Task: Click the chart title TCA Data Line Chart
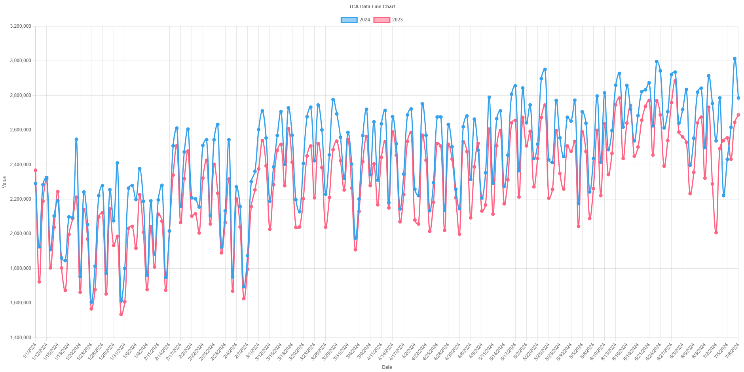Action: click(x=372, y=6)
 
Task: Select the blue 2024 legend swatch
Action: click(x=349, y=20)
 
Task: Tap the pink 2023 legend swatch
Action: click(x=381, y=20)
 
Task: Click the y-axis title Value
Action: click(x=4, y=182)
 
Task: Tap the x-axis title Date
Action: click(x=387, y=367)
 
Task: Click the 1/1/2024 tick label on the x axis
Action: click(x=30, y=350)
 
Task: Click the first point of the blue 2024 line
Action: click(x=36, y=184)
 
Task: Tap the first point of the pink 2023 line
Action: click(x=36, y=170)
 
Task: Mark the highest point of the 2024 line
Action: click(x=735, y=59)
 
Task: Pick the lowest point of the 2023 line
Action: click(x=121, y=315)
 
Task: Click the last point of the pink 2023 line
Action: click(x=738, y=115)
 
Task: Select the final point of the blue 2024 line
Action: click(x=738, y=98)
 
